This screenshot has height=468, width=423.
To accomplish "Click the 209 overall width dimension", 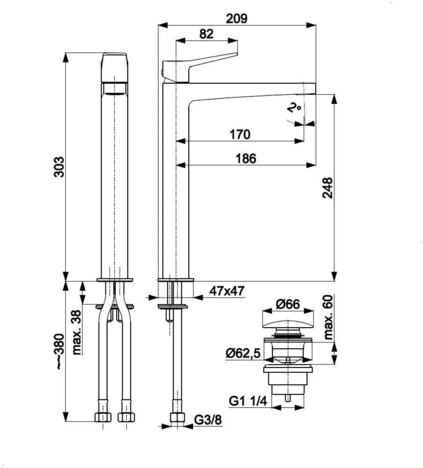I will pos(237,18).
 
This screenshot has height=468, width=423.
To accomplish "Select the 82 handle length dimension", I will pos(206,34).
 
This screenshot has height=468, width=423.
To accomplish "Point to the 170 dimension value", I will pos(239,134).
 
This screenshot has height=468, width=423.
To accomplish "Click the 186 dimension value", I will pos(246,159).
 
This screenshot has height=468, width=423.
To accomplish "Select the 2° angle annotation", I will pos(294,109).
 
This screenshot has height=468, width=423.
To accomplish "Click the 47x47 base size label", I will pos(227,291).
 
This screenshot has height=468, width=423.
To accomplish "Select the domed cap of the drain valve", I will pos(287,325).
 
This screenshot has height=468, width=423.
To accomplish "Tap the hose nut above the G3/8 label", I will pos(176,417).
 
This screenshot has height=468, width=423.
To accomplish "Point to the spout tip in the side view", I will pos(309,89).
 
